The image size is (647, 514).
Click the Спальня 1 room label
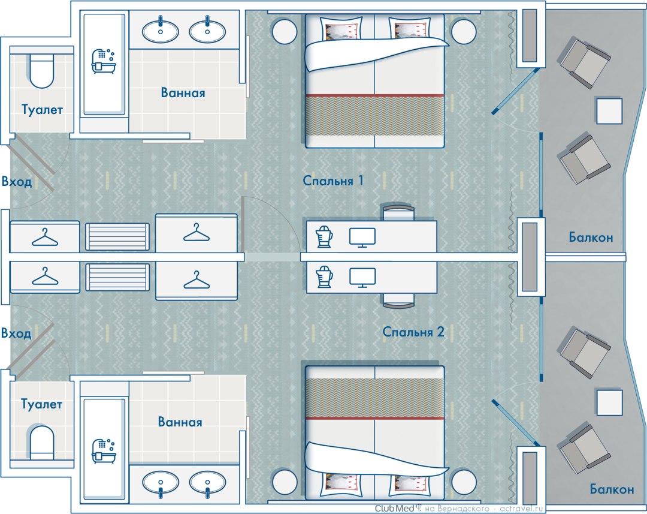pyautogui.click(x=333, y=181)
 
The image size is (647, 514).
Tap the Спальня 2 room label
pyautogui.click(x=413, y=332)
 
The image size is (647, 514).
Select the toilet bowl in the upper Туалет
pyautogui.click(x=42, y=71)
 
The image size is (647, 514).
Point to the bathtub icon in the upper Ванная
pyautogui.click(x=103, y=61)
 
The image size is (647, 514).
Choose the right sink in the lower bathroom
pyautogui.click(x=207, y=483)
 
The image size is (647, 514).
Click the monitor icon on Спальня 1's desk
pyautogui.click(x=362, y=238)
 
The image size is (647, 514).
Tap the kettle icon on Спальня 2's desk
pyautogui.click(x=324, y=276)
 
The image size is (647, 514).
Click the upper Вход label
pyautogui.click(x=17, y=181)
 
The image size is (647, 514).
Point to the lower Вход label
pyautogui.click(x=16, y=333)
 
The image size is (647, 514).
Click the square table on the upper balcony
pyautogui.click(x=609, y=110)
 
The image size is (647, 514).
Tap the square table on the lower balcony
pyautogui.click(x=609, y=402)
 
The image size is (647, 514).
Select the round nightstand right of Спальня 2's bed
pyautogui.click(x=464, y=482)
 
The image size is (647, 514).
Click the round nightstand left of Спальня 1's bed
pyautogui.click(x=285, y=31)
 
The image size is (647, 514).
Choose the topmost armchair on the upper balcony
pyautogui.click(x=585, y=62)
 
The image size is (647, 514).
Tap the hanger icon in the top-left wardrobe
pyautogui.click(x=45, y=237)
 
